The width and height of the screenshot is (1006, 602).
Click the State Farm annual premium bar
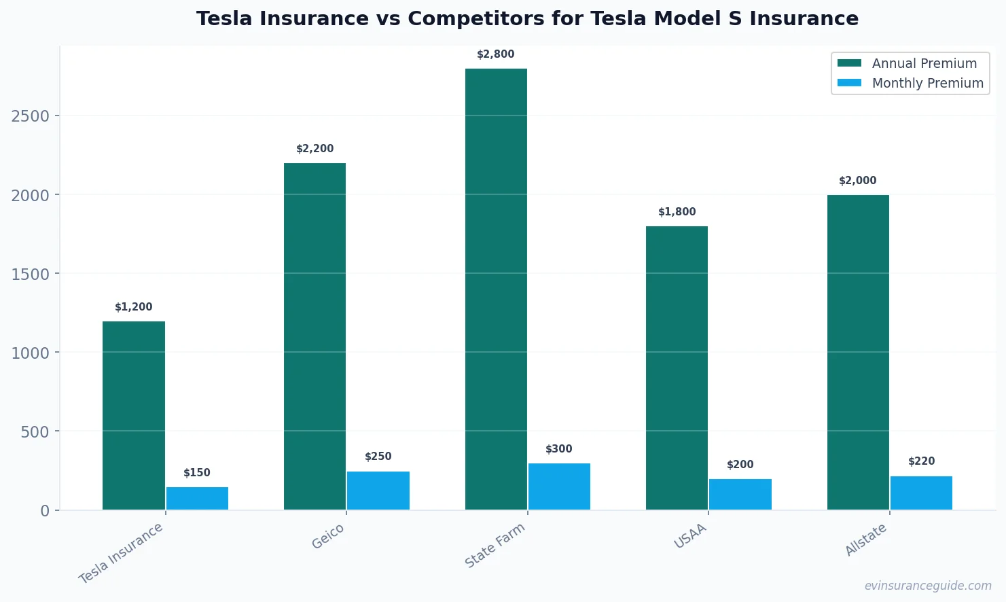coord(496,289)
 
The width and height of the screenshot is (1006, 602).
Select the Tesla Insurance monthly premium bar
coord(197,498)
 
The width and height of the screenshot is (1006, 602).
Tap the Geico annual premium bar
coord(315,336)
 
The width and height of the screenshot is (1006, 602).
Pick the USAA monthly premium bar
coord(740,494)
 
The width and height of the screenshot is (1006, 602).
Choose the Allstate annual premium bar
coord(858,352)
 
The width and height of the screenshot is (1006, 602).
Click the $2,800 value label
coord(495,54)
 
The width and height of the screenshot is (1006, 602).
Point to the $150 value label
coord(197,473)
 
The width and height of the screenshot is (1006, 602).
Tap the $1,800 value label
coord(677,212)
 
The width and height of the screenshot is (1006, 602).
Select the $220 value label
coord(921,461)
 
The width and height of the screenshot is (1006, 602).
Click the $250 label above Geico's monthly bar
coord(378,457)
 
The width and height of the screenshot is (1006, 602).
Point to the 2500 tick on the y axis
coord(31,116)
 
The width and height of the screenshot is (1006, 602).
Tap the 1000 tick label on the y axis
coord(31,353)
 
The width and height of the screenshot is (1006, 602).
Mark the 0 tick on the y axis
coord(45,510)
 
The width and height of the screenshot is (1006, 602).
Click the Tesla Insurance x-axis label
coord(121,553)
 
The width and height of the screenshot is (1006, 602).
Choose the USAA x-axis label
coord(690,536)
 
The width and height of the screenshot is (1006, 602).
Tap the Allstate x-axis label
coord(865,539)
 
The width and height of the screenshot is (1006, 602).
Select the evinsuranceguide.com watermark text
coord(927,586)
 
